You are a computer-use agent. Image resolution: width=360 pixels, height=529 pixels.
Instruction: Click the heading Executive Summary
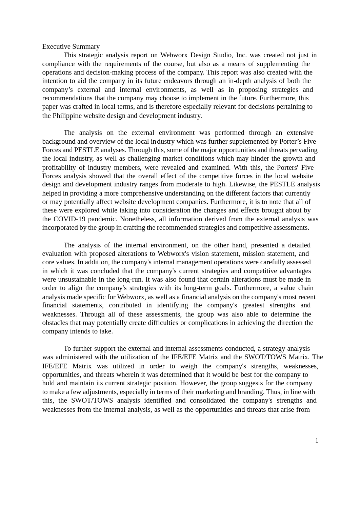71,47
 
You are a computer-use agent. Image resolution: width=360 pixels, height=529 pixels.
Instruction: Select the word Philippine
69,116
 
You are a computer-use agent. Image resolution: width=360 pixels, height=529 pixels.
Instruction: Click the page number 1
317,441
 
